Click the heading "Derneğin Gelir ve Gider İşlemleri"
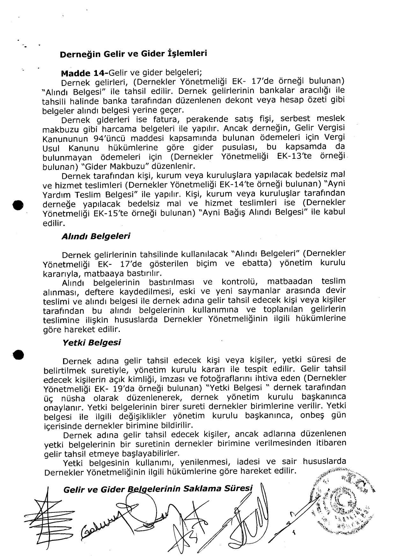[x=134, y=54]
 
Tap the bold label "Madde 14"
[x=79, y=73]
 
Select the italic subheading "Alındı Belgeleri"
[x=96, y=236]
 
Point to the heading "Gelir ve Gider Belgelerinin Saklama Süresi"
[x=158, y=489]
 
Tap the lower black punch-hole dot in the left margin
[x=18, y=355]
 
